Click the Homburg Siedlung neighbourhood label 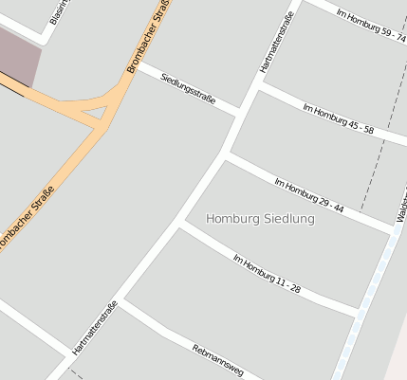click(259, 219)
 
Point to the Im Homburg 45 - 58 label click(338, 118)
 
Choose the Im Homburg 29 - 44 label click(308, 194)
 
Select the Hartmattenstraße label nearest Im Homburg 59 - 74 click(278, 43)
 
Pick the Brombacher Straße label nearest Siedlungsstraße click(147, 38)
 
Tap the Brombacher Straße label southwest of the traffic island click(25, 220)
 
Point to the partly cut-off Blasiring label click(60, 11)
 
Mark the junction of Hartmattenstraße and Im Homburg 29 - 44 click(226, 154)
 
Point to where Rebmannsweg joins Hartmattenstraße click(121, 302)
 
